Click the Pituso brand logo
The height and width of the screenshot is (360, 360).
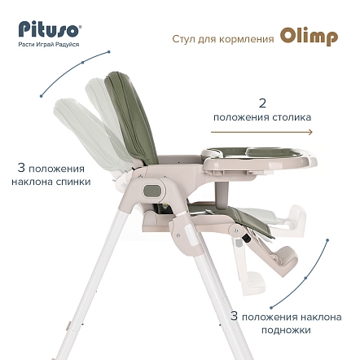[50, 29]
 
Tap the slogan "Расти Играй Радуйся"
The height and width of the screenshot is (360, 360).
[49, 45]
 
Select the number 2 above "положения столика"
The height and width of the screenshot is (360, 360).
[262, 103]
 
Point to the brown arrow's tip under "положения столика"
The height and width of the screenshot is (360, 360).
[313, 132]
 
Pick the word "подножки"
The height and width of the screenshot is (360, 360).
[286, 330]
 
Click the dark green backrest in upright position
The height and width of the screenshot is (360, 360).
[132, 120]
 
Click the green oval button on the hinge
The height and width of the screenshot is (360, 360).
[152, 191]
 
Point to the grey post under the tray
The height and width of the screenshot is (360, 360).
[222, 192]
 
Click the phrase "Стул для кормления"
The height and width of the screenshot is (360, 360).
[223, 39]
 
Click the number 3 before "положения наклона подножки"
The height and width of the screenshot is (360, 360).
[234, 316]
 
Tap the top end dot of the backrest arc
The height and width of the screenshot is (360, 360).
[109, 51]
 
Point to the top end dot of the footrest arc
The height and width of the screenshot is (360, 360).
[327, 240]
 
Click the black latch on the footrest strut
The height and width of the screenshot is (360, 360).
[247, 239]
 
